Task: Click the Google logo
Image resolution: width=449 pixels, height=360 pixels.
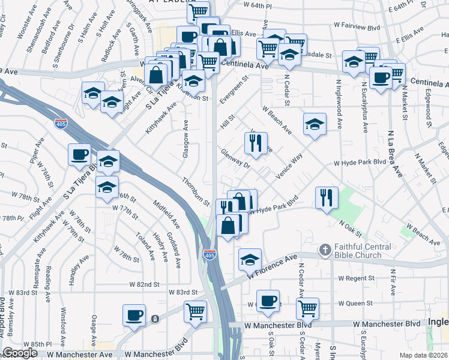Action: pos(20,353)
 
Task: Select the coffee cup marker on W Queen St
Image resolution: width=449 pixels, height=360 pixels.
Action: pos(268,300)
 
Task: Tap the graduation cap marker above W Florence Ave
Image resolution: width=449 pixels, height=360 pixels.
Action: pos(250,259)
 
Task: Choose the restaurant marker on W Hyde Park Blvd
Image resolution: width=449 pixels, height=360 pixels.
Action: pos(326,197)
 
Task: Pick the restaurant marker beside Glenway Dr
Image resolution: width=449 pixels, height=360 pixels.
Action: pos(256,143)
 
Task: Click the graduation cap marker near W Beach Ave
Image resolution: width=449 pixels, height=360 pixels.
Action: pos(315,124)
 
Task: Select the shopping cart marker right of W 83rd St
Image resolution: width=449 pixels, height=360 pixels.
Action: pos(195,312)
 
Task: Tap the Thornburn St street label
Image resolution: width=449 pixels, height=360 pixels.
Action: pos(196,190)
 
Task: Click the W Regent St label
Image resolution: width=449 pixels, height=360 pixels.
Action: pos(356,278)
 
